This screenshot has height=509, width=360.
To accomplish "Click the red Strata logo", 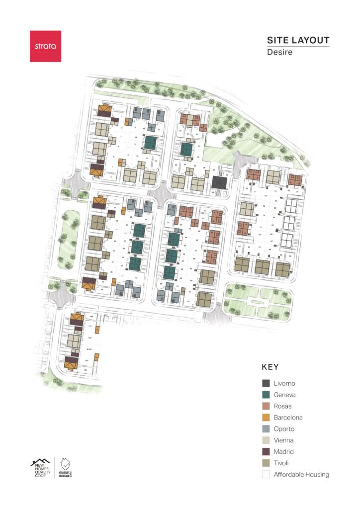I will pyautogui.click(x=45, y=46).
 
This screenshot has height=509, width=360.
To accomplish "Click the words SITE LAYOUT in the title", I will pyautogui.click(x=298, y=40).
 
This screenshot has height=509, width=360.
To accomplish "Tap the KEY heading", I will pyautogui.click(x=270, y=367).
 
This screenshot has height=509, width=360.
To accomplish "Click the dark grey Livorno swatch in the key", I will pyautogui.click(x=266, y=383).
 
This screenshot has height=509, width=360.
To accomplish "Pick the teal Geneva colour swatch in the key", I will pyautogui.click(x=266, y=395).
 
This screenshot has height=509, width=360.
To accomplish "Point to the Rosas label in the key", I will pyautogui.click(x=282, y=406).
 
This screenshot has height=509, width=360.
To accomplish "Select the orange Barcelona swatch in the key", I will pyautogui.click(x=266, y=418).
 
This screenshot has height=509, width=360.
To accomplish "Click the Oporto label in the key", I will pyautogui.click(x=284, y=429).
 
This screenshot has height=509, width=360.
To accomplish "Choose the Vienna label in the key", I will pyautogui.click(x=283, y=440).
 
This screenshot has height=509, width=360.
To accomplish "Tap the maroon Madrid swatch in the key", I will pyautogui.click(x=266, y=451).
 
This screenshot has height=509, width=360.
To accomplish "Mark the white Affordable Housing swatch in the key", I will pyautogui.click(x=266, y=474).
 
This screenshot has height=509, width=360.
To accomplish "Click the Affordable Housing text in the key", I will pyautogui.click(x=301, y=474).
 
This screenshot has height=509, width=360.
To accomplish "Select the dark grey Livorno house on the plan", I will pyautogui.click(x=218, y=182).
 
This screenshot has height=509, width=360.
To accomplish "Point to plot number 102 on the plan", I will pyautogui.click(x=90, y=338).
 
